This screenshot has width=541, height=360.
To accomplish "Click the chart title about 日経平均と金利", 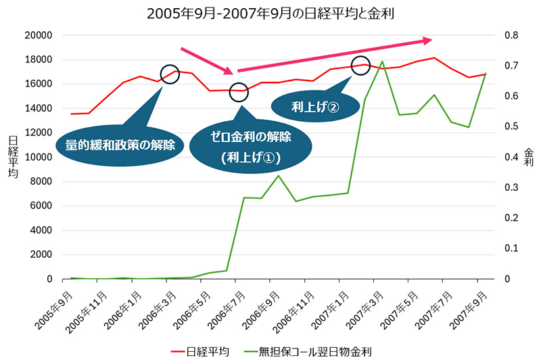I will click(270, 14).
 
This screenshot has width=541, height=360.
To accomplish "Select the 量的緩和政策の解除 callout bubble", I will click(120, 144).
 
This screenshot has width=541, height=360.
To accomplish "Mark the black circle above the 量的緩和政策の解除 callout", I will click(170, 74).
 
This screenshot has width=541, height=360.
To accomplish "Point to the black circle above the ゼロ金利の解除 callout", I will click(239, 91).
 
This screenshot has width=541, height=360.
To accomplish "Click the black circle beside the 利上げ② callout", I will click(360, 65).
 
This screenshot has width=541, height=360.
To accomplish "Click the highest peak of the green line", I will click(383, 62).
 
